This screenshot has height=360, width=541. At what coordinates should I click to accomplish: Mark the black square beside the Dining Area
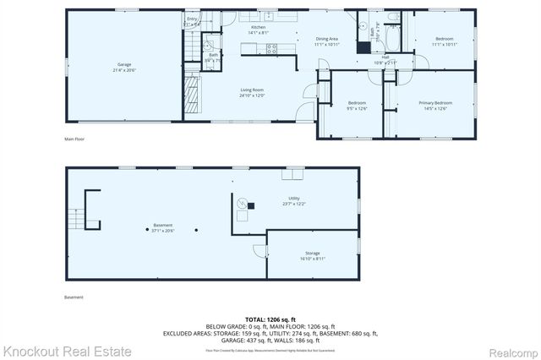pyautogui.click(x=362, y=47)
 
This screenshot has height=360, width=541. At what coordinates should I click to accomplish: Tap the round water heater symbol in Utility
pyautogui.click(x=240, y=204)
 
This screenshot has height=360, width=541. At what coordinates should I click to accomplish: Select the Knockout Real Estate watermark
pyautogui.click(x=67, y=351)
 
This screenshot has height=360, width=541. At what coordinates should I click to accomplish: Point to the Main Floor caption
pyautogui.click(x=74, y=139)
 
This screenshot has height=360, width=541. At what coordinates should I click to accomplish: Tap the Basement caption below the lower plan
pyautogui.click(x=74, y=297)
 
